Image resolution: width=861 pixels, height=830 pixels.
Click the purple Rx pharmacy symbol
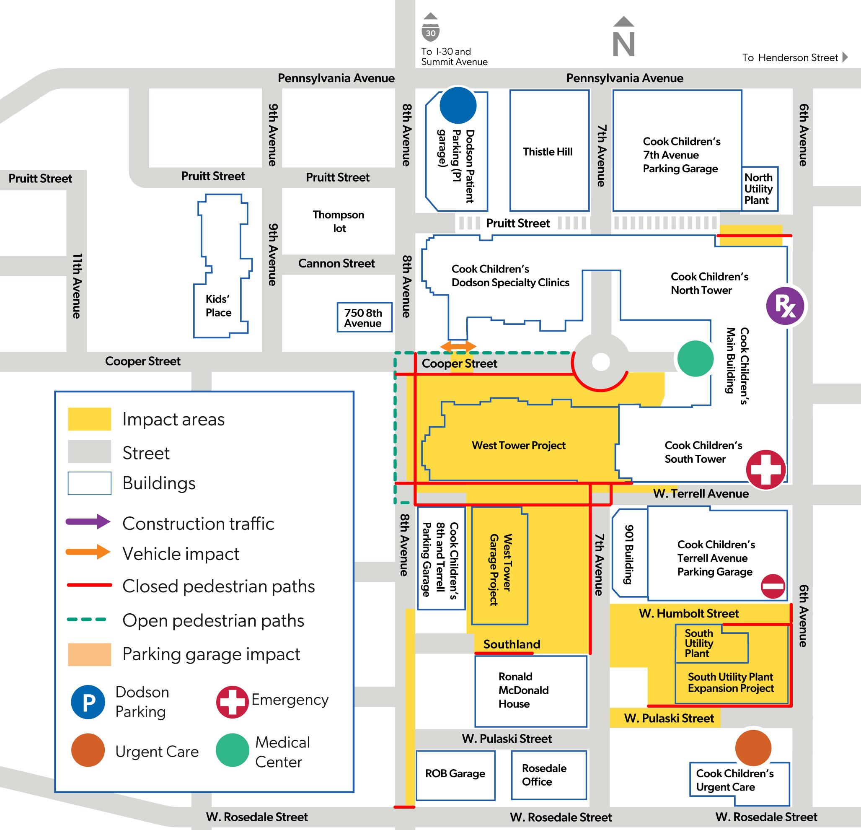(x=785, y=306)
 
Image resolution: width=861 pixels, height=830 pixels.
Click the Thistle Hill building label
(x=547, y=152)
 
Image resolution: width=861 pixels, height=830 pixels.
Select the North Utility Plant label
(x=759, y=189)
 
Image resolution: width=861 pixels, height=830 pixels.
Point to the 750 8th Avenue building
(x=365, y=317)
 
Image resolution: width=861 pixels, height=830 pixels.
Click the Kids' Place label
(x=218, y=306)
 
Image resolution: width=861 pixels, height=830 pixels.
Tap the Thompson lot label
(x=338, y=221)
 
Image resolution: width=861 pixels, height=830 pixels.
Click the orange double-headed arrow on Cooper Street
(x=458, y=346)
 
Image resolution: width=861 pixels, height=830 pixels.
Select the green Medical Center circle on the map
(x=696, y=359)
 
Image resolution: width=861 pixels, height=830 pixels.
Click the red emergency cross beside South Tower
(x=765, y=469)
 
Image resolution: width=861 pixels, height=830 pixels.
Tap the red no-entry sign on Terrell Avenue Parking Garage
(x=773, y=586)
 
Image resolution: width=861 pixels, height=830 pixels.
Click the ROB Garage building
(x=455, y=775)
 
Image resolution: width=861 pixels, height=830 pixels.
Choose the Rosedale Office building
(x=549, y=775)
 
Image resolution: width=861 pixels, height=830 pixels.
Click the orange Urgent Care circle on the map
(x=753, y=748)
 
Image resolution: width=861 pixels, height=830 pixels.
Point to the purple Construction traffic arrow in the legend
(x=88, y=522)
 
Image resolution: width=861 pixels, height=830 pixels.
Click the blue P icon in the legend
(x=88, y=702)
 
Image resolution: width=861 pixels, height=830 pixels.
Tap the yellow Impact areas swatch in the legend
(x=90, y=419)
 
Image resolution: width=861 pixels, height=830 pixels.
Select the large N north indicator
(x=624, y=37)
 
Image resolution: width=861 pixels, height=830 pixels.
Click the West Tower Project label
(x=518, y=445)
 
